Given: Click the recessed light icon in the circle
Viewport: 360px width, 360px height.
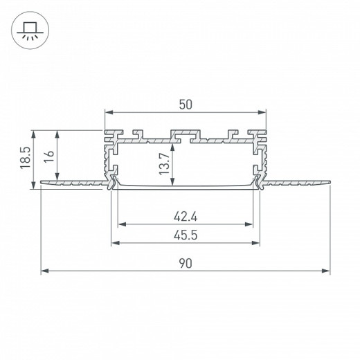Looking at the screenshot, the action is [30, 30].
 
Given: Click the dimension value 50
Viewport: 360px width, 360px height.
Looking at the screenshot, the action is [186, 105].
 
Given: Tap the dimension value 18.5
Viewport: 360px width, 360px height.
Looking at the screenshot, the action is [25, 158].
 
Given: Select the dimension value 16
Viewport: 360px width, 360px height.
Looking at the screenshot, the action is [49, 156].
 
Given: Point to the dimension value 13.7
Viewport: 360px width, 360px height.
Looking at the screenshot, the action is [165, 164].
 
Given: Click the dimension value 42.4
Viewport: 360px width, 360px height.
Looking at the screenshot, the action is [186, 217].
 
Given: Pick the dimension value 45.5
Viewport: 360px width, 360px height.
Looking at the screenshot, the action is [186, 235].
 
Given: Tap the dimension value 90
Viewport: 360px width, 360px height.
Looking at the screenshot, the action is [186, 264].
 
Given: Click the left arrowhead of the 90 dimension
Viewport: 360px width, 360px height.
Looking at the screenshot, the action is [45, 271].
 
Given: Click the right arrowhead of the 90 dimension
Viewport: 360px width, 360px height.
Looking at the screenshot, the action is [326, 271].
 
